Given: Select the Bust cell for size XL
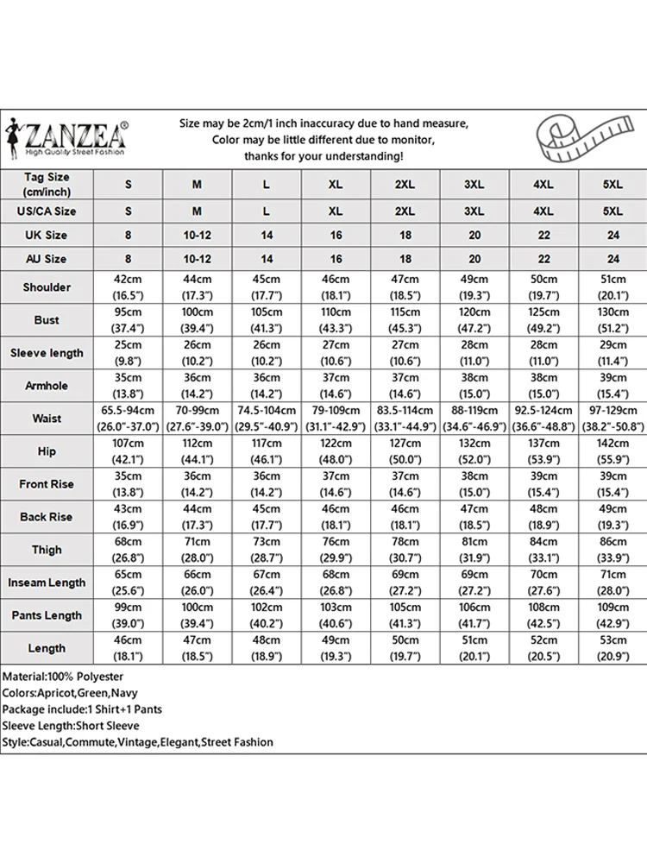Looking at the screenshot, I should [x=336, y=319].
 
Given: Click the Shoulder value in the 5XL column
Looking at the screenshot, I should [x=612, y=287].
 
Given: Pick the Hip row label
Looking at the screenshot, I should [x=47, y=451].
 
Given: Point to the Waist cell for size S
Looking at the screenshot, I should [x=129, y=419].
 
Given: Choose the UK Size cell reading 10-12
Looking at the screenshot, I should [x=198, y=235].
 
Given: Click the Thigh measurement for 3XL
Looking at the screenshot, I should [x=474, y=550].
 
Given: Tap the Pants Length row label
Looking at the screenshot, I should [x=47, y=615].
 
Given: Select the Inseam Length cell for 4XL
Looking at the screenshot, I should [x=543, y=583].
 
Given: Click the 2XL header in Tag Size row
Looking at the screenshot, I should [x=405, y=185].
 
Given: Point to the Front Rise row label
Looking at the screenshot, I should [x=47, y=484].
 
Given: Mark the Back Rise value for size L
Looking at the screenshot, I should [x=267, y=517].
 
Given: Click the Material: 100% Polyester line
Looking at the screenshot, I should [x=63, y=677].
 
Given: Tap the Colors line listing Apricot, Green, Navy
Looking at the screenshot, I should [x=70, y=693].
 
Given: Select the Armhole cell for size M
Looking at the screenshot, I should [x=198, y=386].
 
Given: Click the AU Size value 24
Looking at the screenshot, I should [x=612, y=259].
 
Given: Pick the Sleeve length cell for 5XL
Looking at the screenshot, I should [x=612, y=352].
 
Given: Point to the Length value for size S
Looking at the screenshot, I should [x=129, y=648].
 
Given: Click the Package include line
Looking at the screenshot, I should [x=82, y=709].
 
